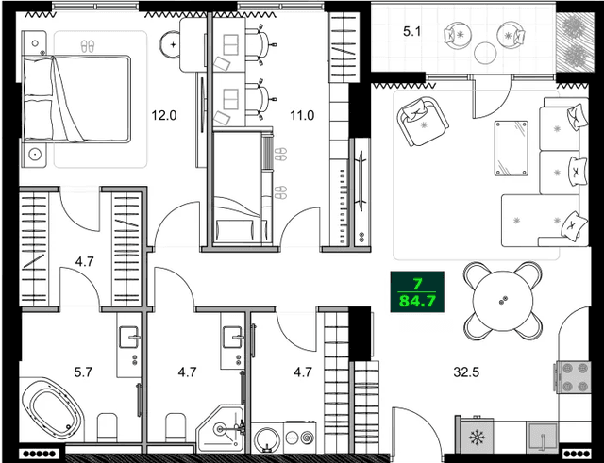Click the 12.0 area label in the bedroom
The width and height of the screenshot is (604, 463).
point(164,116)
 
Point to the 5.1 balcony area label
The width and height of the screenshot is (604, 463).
point(412,32)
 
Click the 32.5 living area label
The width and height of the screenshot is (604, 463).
point(465,372)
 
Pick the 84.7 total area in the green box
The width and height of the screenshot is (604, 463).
point(417,299)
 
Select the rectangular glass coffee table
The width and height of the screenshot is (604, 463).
point(512,148)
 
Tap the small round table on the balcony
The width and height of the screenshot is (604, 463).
point(486,52)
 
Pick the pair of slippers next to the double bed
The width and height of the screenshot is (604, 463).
point(87,44)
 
